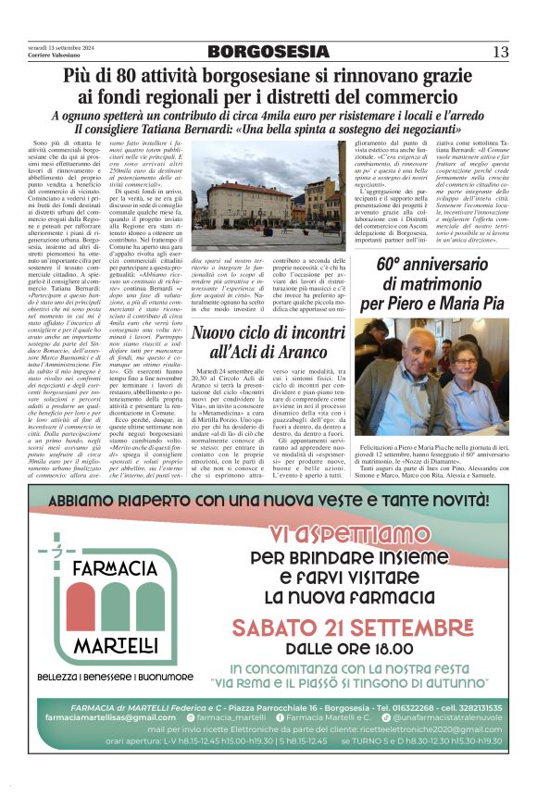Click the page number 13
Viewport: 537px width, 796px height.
501,51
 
